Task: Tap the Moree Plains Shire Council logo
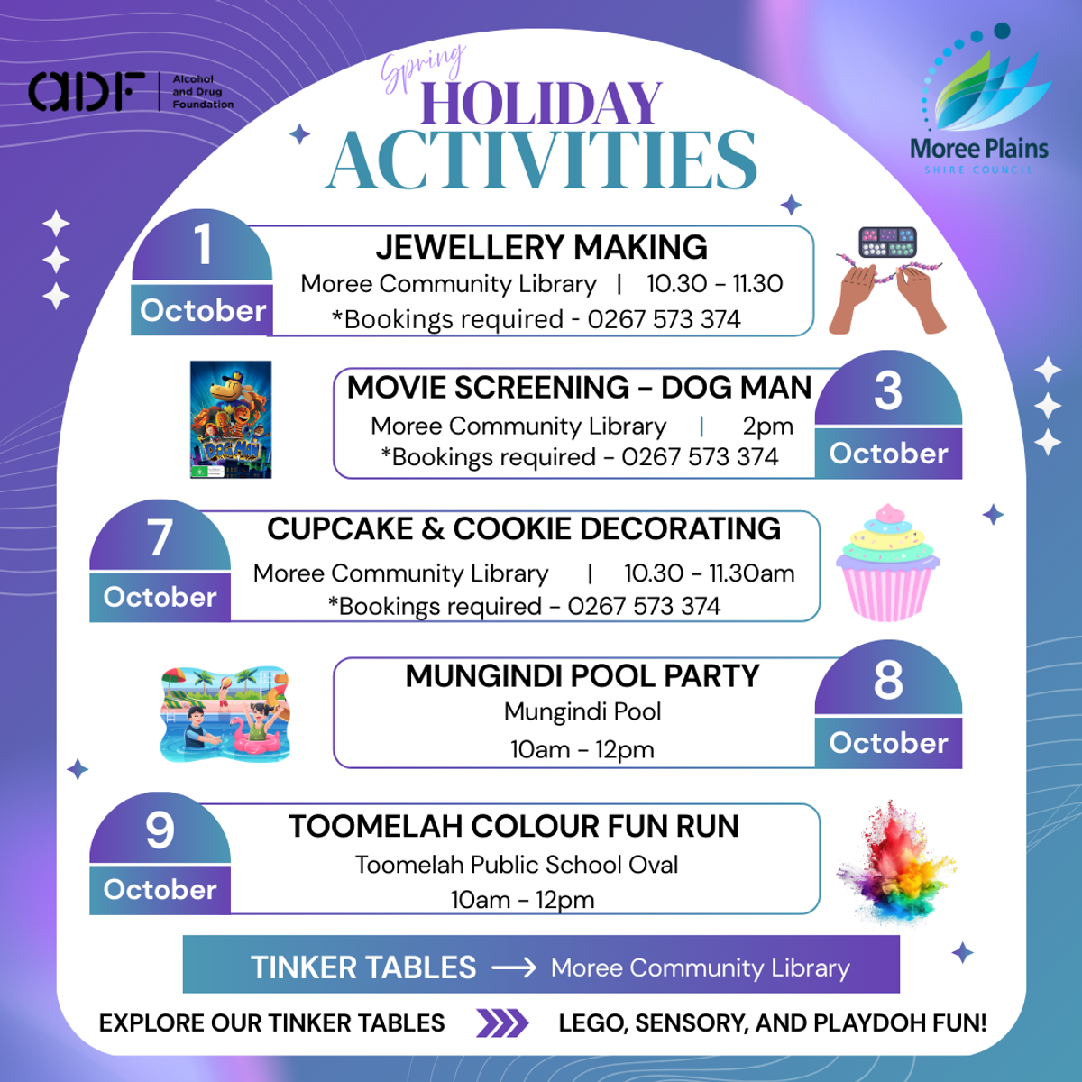click(979, 99)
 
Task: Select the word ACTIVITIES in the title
click(542, 160)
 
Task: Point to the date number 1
click(203, 244)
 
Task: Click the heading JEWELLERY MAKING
click(541, 247)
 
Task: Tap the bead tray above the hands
click(888, 242)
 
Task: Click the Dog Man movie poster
click(231, 419)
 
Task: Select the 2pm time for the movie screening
click(767, 426)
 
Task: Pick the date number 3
click(888, 390)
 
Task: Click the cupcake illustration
click(888, 562)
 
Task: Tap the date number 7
click(160, 537)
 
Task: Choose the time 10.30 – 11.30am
click(710, 573)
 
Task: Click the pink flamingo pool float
click(256, 739)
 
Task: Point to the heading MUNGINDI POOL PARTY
click(582, 675)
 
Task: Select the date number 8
click(888, 680)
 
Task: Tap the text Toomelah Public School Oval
click(517, 865)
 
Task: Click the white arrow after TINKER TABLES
click(514, 967)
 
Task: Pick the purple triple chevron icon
click(502, 1023)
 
